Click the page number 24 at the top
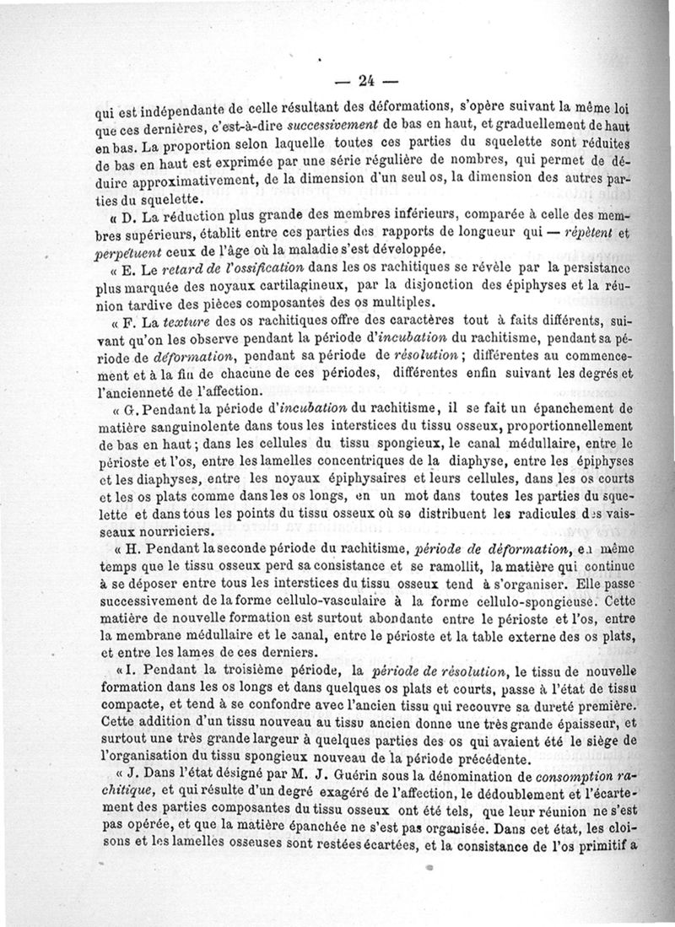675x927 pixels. [365, 81]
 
